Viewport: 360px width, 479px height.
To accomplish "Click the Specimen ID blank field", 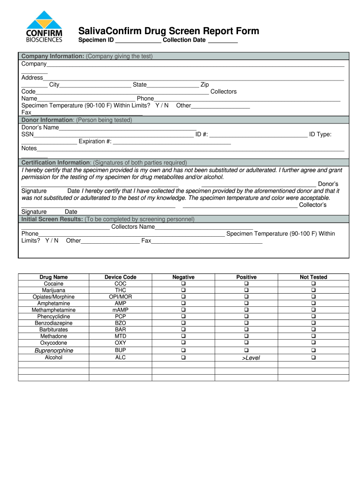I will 138,41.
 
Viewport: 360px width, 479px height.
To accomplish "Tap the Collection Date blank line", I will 223,41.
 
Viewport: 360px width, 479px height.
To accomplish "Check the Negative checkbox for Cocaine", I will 183,284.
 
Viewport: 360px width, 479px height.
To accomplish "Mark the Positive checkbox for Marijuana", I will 246,290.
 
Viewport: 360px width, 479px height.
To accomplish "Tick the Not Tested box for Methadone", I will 313,336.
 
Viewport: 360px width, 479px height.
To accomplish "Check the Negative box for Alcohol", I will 183,358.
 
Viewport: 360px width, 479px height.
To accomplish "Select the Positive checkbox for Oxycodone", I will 246,343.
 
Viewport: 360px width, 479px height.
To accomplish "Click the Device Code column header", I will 120,277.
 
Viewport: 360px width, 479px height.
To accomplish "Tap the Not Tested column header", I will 313,277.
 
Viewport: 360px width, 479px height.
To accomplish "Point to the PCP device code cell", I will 120,317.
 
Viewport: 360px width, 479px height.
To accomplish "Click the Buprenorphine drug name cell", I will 54,350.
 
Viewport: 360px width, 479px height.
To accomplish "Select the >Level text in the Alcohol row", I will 251,358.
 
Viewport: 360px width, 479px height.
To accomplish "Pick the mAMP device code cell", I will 120,310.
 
